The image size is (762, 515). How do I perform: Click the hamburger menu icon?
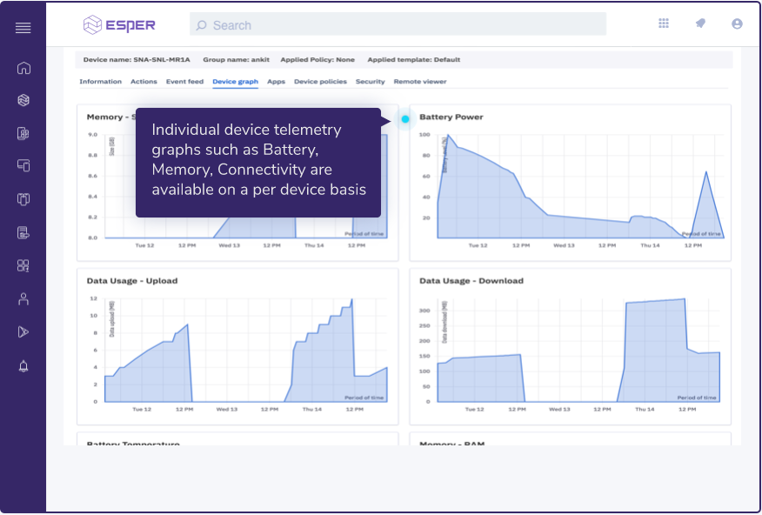(x=23, y=28)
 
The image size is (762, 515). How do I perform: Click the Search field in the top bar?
(x=398, y=25)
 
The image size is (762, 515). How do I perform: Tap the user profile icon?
(x=738, y=24)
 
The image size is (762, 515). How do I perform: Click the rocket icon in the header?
(x=700, y=24)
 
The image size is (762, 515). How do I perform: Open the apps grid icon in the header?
(x=664, y=24)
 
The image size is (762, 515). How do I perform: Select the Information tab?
(x=100, y=82)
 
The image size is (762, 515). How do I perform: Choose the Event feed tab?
(x=184, y=82)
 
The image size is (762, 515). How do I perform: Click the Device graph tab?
(x=235, y=82)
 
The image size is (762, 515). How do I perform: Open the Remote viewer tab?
(x=420, y=82)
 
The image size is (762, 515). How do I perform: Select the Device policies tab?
(x=320, y=82)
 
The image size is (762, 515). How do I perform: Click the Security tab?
(x=370, y=82)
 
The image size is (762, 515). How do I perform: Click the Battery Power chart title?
(x=451, y=117)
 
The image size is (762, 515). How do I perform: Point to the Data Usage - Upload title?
(x=133, y=281)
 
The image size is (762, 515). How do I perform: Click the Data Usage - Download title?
(x=471, y=281)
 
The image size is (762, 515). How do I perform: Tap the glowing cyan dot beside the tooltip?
(x=405, y=119)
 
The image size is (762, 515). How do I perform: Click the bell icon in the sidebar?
(x=23, y=365)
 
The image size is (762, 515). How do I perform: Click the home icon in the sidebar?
(x=23, y=68)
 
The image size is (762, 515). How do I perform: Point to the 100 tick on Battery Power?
(x=425, y=135)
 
